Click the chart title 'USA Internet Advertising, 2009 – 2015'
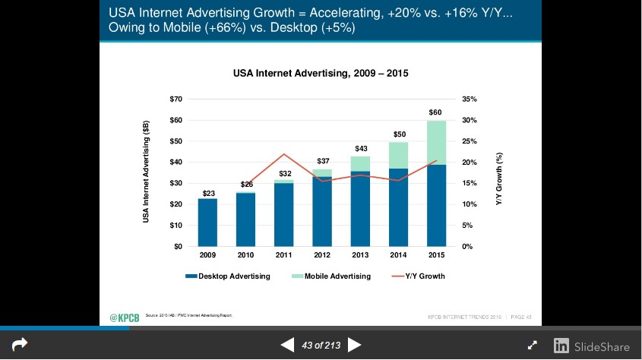point(321,74)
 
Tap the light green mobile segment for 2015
point(436,143)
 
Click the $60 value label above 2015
point(436,112)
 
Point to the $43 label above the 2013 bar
point(361,148)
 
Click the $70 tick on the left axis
point(176,99)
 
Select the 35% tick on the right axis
point(469,99)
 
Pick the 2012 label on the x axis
point(322,256)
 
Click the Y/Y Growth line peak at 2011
point(283,154)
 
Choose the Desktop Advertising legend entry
point(228,276)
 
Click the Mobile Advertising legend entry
point(331,276)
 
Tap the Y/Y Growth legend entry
point(419,276)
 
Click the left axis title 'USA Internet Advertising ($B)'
point(146,172)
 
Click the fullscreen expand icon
point(533,346)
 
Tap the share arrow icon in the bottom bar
point(20,345)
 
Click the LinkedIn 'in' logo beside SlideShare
point(561,346)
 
